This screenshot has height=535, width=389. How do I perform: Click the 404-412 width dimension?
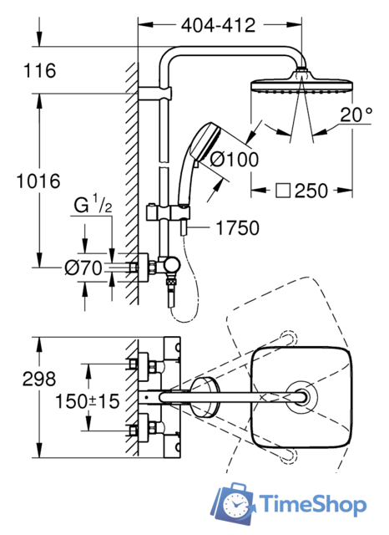pyautogui.click(x=218, y=25)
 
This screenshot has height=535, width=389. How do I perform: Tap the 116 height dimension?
pyautogui.click(x=39, y=70)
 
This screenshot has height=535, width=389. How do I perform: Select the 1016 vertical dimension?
pyautogui.click(x=38, y=181)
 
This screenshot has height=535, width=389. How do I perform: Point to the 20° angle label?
pyautogui.click(x=356, y=115)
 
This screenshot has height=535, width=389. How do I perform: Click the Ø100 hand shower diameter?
pyautogui.click(x=235, y=160)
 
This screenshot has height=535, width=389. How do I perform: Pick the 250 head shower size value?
pyautogui.click(x=311, y=191)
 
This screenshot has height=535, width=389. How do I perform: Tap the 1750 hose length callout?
pyautogui.click(x=238, y=228)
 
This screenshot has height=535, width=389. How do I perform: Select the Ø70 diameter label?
pyautogui.click(x=83, y=267)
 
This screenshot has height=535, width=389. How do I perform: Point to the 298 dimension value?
pyautogui.click(x=39, y=379)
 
